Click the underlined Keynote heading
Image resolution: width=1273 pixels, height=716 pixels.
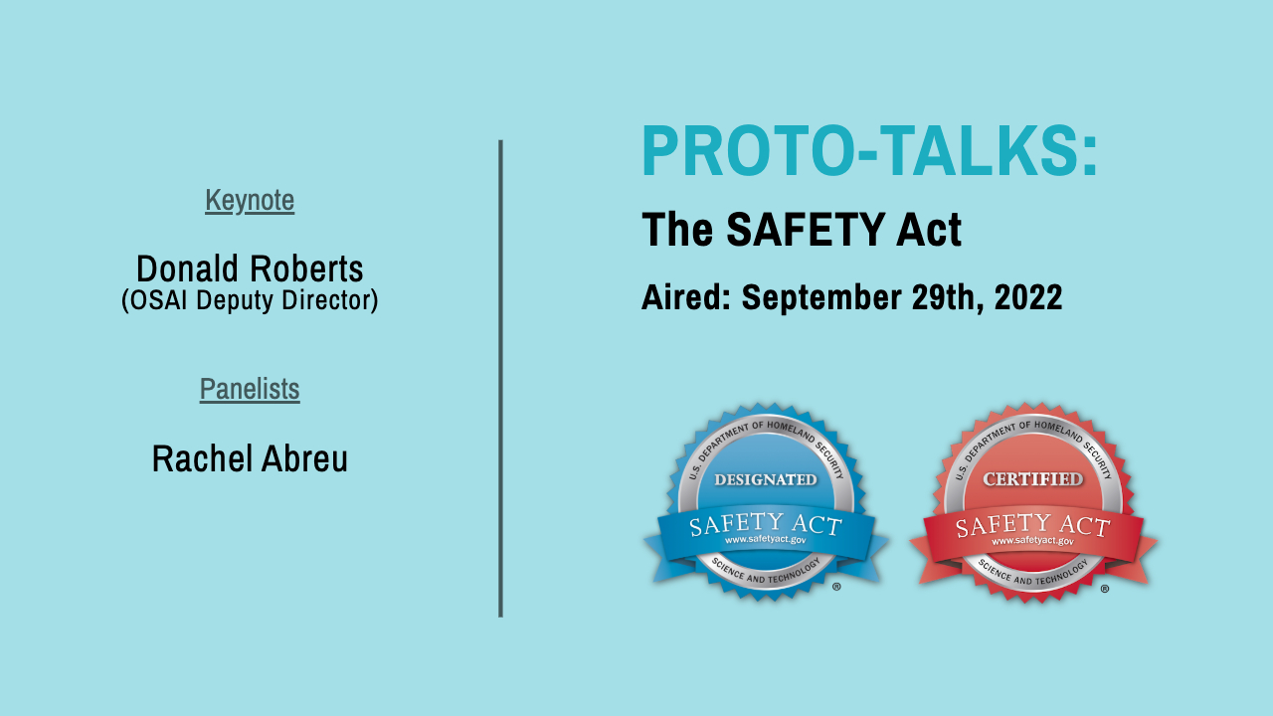click(250, 201)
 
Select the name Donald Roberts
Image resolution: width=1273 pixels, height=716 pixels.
click(250, 268)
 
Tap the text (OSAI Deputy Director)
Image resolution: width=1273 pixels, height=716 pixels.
click(250, 300)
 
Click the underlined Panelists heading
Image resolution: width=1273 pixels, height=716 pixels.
click(250, 389)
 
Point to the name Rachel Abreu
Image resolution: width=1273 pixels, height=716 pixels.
click(250, 458)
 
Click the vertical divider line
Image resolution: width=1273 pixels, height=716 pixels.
click(500, 378)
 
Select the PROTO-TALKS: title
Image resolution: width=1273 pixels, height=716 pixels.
click(869, 151)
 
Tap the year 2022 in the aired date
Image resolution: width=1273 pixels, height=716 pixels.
click(1025, 297)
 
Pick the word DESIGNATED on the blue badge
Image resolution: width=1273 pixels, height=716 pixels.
click(766, 479)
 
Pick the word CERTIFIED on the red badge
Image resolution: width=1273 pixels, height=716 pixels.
click(1033, 479)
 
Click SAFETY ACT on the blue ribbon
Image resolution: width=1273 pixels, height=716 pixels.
click(765, 523)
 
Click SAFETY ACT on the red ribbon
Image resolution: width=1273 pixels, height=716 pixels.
click(1032, 524)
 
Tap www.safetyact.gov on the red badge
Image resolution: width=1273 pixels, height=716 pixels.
click(1032, 541)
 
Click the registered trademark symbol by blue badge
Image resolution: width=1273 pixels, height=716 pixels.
click(836, 587)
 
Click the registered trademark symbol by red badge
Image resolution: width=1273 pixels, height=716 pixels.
click(1105, 589)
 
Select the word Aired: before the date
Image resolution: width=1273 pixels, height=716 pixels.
click(686, 297)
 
